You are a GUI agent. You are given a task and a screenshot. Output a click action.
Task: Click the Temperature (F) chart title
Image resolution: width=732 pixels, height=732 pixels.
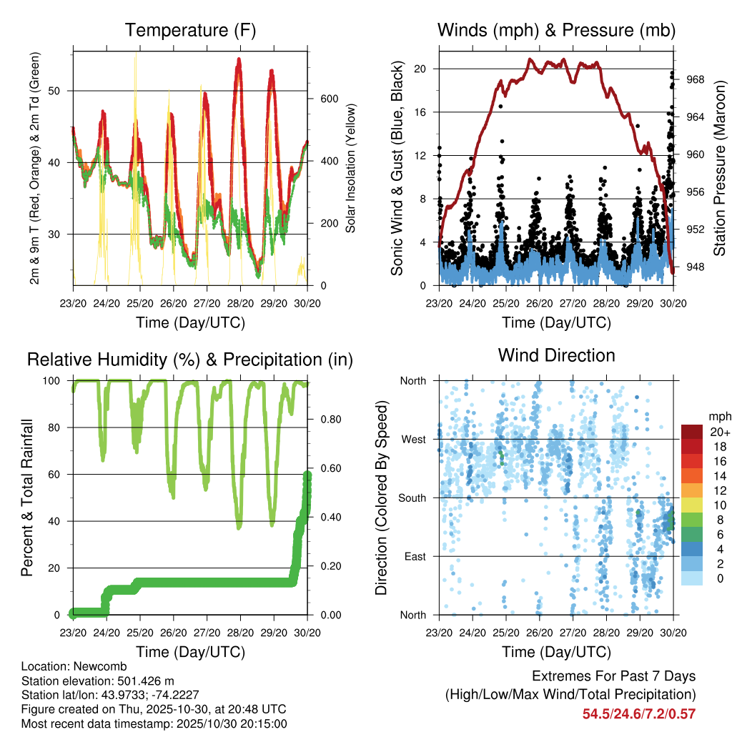point(190,31)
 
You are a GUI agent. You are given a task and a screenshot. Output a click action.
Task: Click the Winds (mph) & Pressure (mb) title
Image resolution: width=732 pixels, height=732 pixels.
point(556,31)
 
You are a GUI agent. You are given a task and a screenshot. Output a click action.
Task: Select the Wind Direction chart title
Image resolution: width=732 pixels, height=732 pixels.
point(556,355)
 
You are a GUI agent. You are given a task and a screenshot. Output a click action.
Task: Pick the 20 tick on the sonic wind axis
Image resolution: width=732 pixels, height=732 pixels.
point(421,69)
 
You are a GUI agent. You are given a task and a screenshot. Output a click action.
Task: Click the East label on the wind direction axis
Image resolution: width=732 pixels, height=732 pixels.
point(414,556)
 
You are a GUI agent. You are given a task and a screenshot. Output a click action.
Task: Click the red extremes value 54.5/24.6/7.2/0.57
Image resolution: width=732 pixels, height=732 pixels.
point(639,713)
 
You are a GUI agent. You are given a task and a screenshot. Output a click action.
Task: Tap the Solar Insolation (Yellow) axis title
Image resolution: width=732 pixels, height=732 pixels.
point(351,169)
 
